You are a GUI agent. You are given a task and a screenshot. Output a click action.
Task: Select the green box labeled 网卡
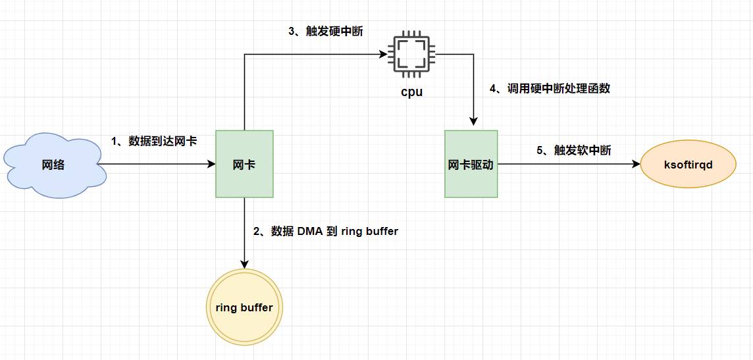244,164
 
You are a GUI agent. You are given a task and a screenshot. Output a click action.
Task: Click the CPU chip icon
411,54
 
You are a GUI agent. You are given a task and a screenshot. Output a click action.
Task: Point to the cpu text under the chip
411,91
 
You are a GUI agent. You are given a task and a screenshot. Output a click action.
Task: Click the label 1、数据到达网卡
153,141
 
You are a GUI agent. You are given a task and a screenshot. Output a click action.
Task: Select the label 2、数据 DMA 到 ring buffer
326,232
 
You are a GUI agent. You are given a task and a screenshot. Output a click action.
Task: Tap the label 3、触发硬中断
326,32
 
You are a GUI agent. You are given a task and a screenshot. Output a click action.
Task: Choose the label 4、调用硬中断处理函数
550,89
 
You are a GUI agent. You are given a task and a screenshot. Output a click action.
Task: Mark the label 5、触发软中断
574,150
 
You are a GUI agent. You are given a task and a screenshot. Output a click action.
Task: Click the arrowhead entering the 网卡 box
211,164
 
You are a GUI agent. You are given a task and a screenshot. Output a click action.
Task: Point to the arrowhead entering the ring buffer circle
244,265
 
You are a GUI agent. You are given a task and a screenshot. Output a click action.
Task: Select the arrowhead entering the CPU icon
383,54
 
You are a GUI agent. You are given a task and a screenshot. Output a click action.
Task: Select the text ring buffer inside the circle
244,307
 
